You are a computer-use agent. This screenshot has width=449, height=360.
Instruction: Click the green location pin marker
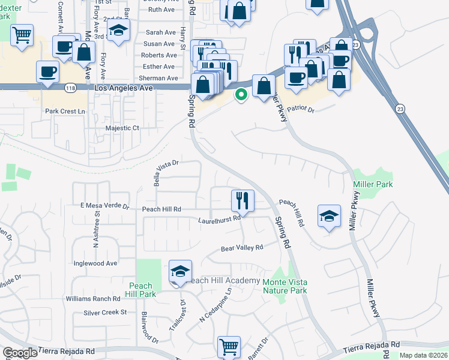point(241,95)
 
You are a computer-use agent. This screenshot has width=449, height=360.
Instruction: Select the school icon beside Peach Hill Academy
point(180,272)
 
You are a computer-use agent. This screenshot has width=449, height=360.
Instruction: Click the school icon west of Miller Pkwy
point(329,217)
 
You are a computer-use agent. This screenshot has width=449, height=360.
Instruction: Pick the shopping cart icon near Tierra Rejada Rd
point(229,346)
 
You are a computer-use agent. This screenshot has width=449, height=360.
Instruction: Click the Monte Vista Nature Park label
point(285,286)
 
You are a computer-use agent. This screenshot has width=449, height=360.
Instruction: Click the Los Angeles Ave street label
point(123,88)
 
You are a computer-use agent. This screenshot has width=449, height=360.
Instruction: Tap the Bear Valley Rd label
point(242,248)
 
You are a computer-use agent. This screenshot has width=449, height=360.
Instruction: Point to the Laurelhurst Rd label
point(220,220)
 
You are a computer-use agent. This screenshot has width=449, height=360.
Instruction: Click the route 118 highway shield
point(70,88)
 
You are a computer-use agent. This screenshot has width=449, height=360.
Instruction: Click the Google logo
point(20,353)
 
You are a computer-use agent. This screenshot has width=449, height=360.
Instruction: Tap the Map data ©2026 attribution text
point(423,355)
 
